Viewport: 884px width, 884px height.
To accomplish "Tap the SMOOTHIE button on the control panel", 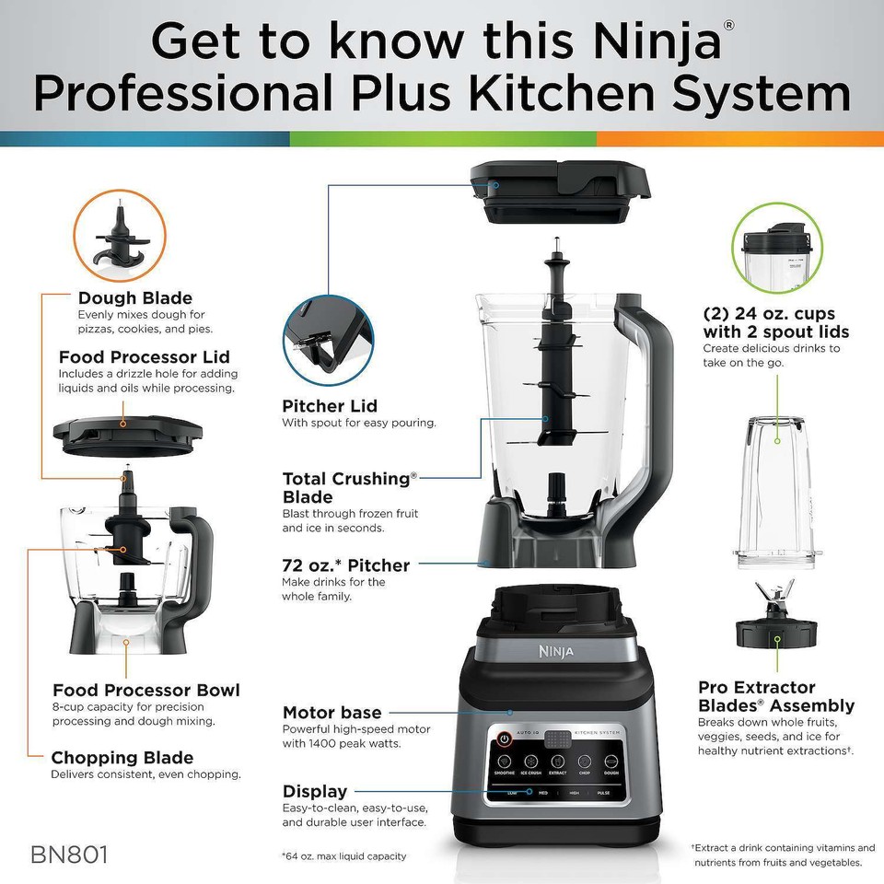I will [505, 763].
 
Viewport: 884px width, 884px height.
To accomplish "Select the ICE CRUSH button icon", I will [531, 763].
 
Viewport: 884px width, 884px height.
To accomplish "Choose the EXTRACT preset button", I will [558, 763].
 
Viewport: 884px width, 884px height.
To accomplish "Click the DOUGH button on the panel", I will [611, 763].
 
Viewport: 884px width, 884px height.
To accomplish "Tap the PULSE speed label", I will [603, 792].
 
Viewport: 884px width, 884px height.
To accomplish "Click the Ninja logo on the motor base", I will [555, 652].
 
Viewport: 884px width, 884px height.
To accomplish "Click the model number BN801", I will [70, 854].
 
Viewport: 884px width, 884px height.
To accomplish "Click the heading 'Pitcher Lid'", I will [330, 406].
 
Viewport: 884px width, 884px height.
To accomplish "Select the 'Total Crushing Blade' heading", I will [350, 487].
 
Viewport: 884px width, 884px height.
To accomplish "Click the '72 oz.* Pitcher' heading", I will [346, 564].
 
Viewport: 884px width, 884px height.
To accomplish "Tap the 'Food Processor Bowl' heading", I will [146, 690].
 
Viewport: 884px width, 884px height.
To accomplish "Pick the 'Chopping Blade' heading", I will [122, 758].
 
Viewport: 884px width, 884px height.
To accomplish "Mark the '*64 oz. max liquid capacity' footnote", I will [343, 855].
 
